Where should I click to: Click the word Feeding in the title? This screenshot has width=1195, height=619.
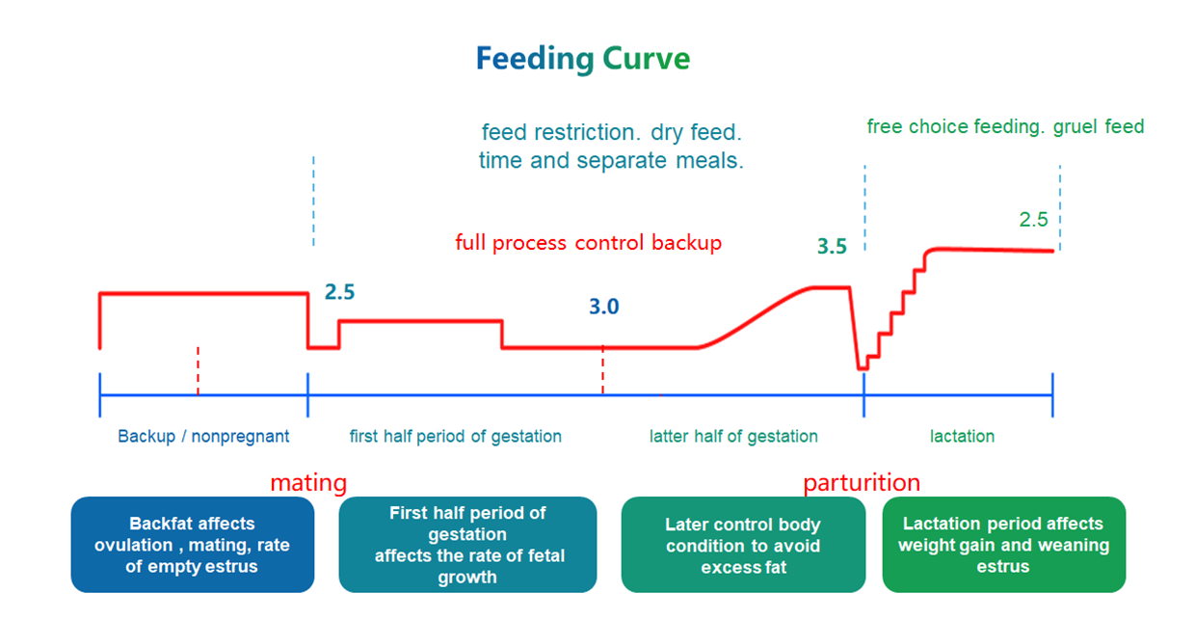click(535, 60)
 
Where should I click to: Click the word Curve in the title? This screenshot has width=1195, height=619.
click(647, 60)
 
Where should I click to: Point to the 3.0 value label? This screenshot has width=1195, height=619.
click(604, 308)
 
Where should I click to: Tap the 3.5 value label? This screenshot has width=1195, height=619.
click(832, 247)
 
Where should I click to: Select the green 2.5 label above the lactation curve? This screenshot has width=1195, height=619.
click(1033, 220)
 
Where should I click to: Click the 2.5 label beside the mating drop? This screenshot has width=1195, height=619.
click(339, 292)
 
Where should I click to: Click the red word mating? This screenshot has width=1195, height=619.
click(308, 482)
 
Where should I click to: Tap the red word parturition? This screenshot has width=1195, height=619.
click(862, 482)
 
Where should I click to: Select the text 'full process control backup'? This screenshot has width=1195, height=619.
click(588, 243)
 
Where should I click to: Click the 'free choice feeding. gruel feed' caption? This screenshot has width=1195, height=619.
click(1005, 126)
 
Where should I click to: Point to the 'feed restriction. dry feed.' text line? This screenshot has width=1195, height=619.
click(611, 131)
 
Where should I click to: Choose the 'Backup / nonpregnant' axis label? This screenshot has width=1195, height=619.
click(203, 437)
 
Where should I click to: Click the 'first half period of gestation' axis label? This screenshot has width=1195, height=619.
click(455, 437)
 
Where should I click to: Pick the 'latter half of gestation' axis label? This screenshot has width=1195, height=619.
click(733, 437)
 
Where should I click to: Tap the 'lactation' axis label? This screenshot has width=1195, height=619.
click(962, 437)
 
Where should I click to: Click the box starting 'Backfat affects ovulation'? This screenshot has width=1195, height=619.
click(192, 545)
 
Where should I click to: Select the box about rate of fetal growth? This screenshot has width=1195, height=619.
click(467, 545)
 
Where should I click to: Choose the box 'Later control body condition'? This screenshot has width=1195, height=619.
click(743, 545)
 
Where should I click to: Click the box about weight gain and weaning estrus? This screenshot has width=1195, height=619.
click(1003, 545)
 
